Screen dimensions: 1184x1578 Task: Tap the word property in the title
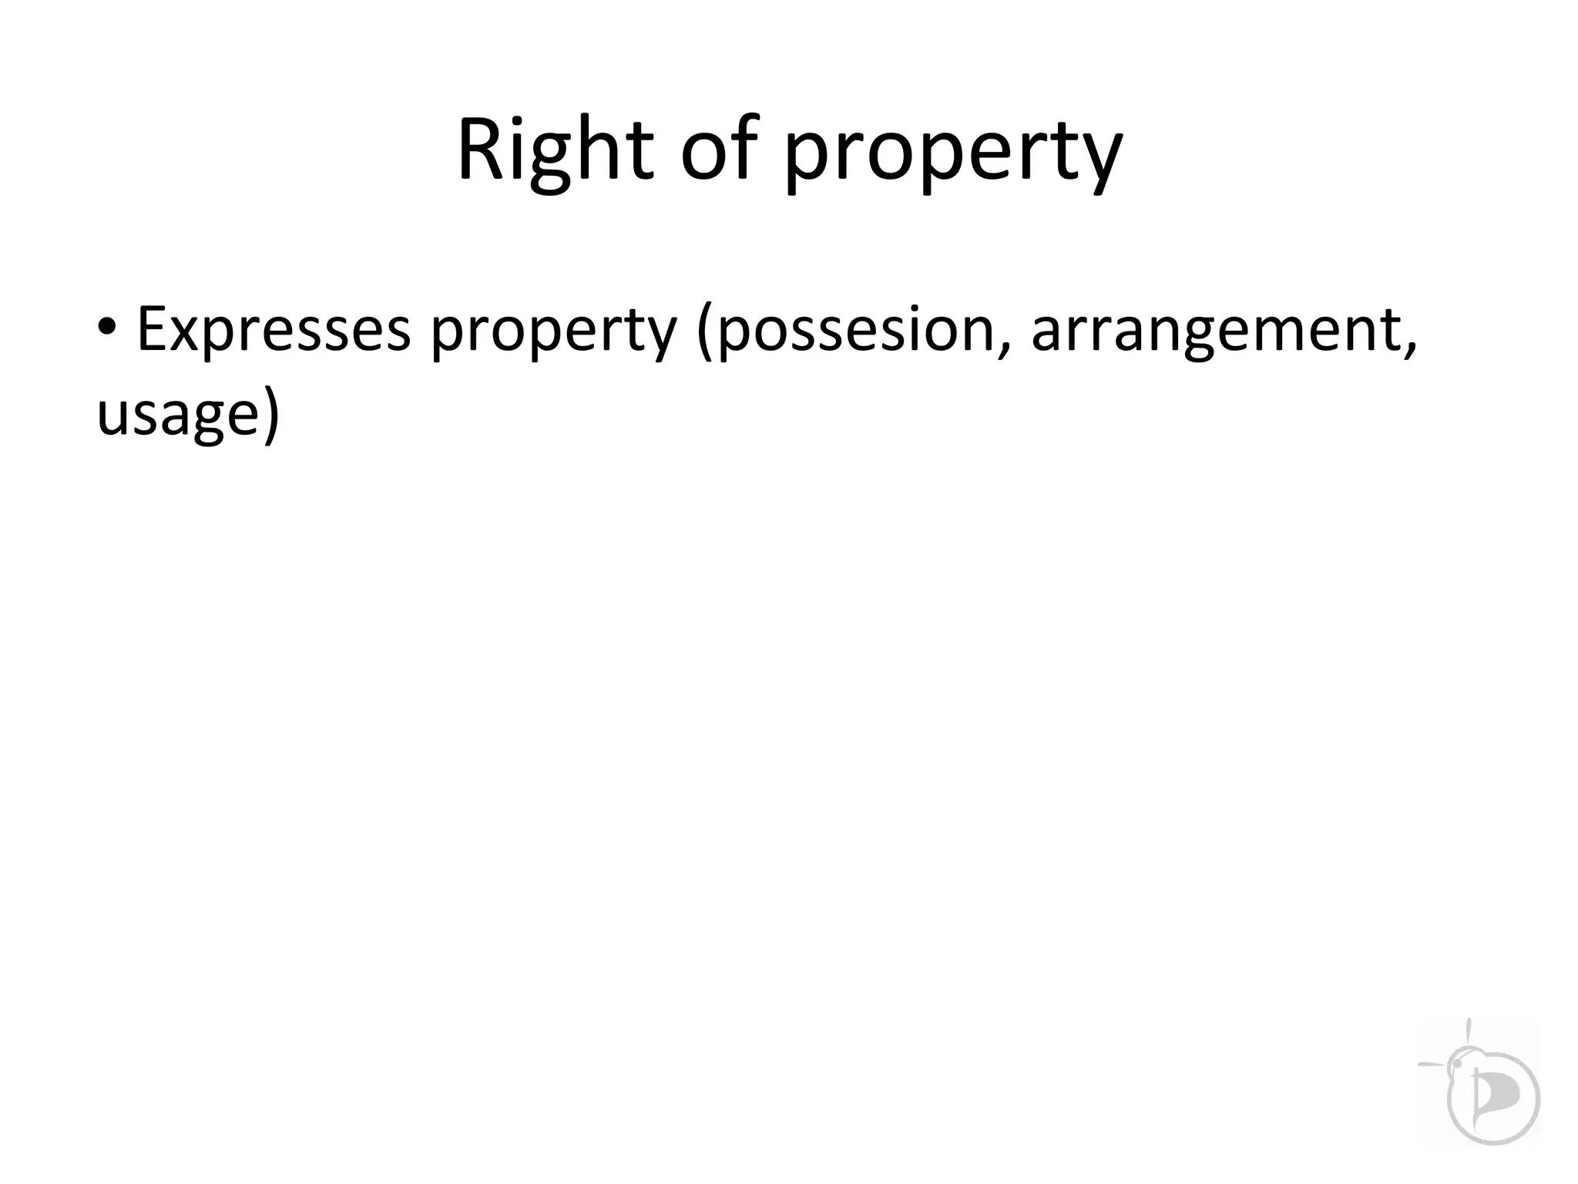pos(952,154)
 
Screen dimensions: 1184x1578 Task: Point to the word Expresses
pos(273,329)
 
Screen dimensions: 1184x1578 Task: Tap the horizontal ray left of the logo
pos(1433,1065)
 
